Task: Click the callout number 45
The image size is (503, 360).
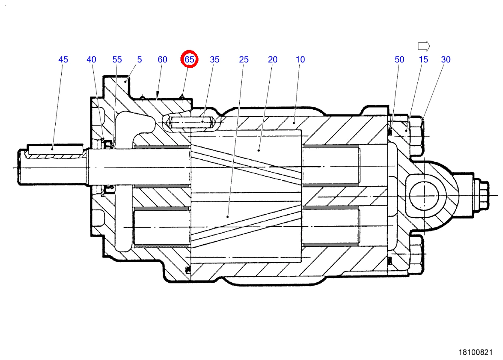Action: click(63, 60)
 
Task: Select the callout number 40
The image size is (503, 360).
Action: click(91, 60)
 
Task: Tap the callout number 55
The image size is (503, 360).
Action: click(117, 60)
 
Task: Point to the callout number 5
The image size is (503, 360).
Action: click(139, 60)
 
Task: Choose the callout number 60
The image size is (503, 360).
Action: click(162, 60)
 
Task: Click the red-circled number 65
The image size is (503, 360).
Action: click(189, 59)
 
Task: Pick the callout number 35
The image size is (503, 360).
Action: click(214, 60)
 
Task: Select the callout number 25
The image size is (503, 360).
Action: click(244, 60)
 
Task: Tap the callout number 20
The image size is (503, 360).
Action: click(273, 60)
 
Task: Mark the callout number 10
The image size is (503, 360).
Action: click(300, 60)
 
